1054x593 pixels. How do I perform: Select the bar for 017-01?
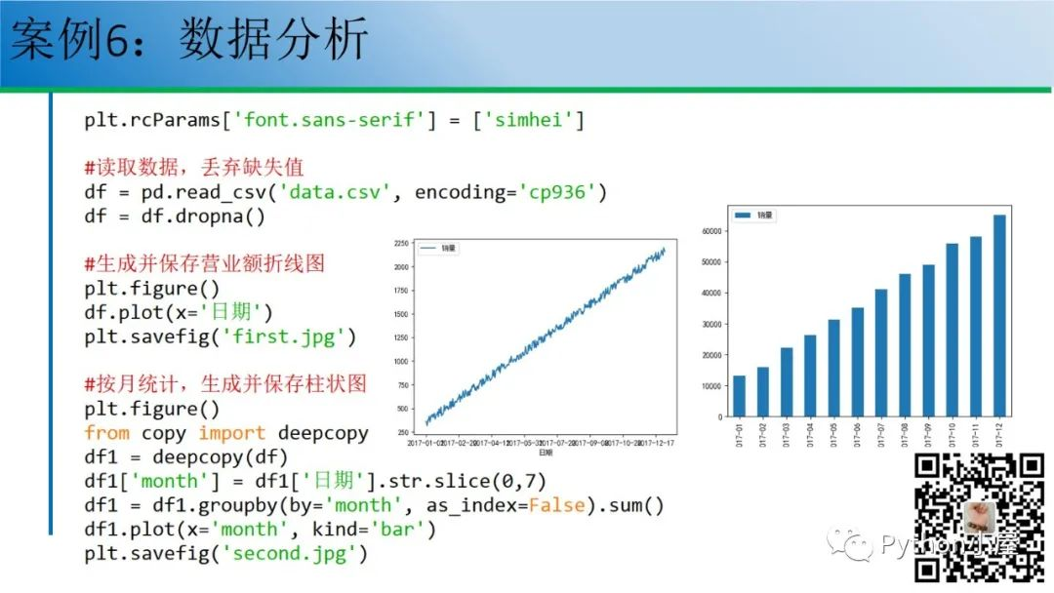[739, 396]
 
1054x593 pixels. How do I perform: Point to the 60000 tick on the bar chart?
[713, 231]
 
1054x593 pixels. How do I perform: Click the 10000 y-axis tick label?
[713, 386]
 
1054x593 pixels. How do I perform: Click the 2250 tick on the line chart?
[401, 244]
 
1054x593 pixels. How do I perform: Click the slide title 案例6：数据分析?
[189, 41]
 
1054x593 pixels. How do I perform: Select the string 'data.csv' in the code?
[343, 192]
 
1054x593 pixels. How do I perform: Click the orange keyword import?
[232, 433]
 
